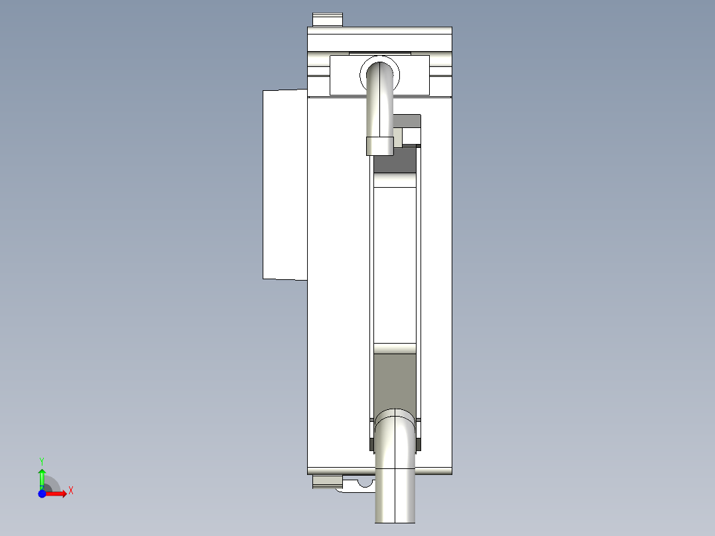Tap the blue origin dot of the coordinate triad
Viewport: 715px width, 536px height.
click(x=42, y=494)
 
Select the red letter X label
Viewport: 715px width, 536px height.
click(x=71, y=491)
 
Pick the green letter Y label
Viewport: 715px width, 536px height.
click(x=42, y=460)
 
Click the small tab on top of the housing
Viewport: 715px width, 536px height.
click(x=328, y=20)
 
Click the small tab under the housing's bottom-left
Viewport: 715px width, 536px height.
click(x=326, y=481)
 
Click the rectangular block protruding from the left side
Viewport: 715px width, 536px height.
click(x=285, y=184)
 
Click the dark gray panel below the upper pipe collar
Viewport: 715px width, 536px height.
click(x=395, y=163)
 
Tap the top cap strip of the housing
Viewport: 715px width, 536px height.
click(x=379, y=31)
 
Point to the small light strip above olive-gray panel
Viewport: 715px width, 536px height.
click(x=395, y=348)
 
